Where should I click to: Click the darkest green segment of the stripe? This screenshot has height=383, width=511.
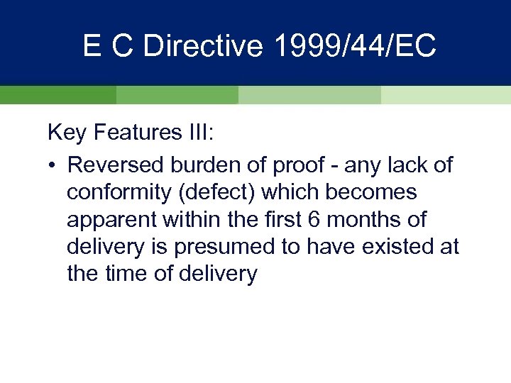pyautogui.click(x=57, y=95)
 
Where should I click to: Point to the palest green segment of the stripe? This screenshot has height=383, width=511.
pyautogui.click(x=445, y=95)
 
